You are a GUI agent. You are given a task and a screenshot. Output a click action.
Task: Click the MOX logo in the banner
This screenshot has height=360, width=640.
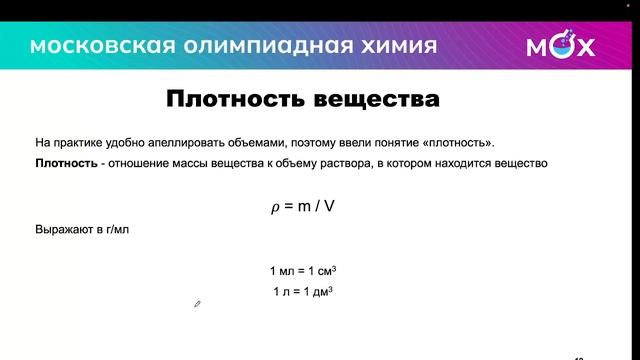[x=560, y=46]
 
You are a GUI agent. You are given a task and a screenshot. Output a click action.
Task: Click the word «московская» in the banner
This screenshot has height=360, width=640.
[x=89, y=46]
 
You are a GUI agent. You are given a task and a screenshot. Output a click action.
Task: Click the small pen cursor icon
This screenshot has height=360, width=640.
[x=198, y=304]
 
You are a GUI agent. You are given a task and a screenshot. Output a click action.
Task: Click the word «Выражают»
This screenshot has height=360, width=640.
[x=63, y=230]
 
